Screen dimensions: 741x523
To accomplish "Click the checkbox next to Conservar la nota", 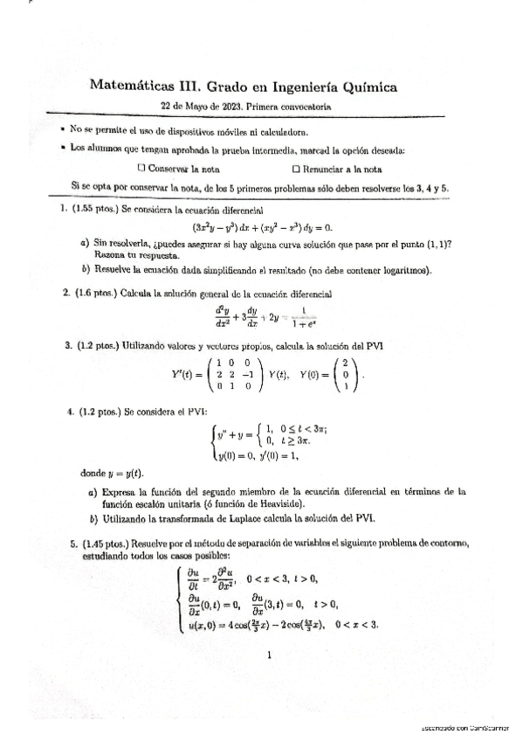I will click(x=141, y=169).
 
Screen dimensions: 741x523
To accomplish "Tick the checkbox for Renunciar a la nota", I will click(x=297, y=169).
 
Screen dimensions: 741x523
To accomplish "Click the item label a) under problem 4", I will click(x=93, y=492).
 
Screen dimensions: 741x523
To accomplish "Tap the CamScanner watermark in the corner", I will click(x=467, y=728).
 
